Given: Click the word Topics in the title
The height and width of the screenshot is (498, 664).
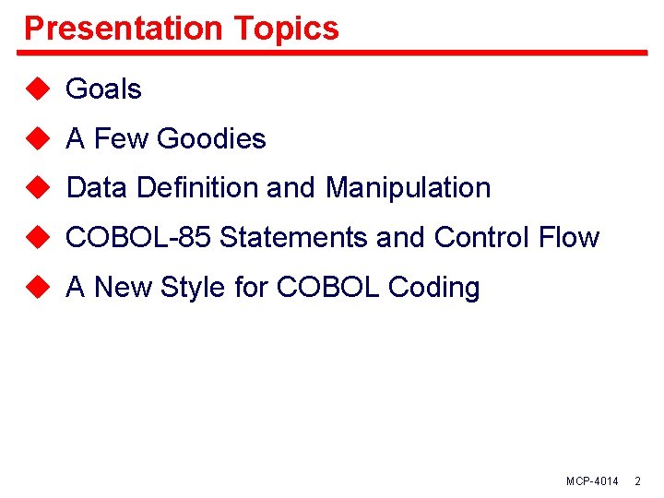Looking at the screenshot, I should [x=287, y=29].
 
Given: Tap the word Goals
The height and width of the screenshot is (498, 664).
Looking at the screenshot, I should [x=103, y=89].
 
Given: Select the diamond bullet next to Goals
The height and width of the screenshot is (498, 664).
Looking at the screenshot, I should [x=36, y=89].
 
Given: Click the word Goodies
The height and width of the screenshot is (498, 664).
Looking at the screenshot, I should [x=211, y=139].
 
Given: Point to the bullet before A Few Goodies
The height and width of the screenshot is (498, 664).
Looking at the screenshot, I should [x=36, y=138].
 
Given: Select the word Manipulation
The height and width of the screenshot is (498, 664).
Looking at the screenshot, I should [x=408, y=188].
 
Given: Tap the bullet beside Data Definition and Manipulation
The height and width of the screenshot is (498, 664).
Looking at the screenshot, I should [x=36, y=187].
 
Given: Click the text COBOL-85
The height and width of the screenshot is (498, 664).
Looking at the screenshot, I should [x=139, y=238].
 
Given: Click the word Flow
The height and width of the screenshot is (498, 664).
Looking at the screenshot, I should [x=569, y=238].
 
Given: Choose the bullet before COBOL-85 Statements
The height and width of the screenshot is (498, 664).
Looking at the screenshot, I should [x=36, y=237].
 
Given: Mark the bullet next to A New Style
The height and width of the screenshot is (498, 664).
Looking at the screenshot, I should [x=36, y=287].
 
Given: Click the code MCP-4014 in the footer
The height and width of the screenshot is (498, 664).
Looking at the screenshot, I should [x=592, y=482].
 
